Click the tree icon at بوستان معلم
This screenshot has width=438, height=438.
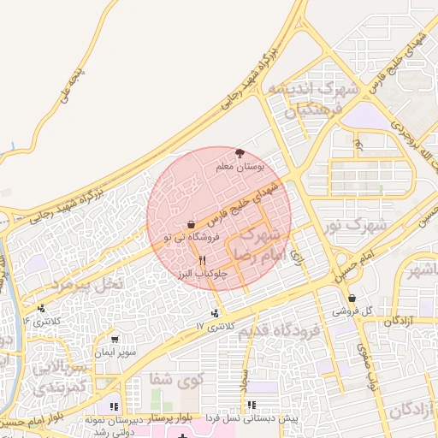tap(250, 152)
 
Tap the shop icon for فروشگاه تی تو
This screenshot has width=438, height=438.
tap(189, 225)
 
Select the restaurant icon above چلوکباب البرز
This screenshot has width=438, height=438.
tap(202, 259)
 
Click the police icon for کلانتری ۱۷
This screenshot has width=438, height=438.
tap(215, 312)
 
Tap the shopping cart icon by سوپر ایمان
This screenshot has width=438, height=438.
tap(115, 340)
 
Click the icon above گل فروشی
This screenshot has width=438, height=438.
tap(352, 299)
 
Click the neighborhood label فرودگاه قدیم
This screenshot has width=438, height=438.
tap(280, 330)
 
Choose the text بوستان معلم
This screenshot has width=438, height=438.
tap(265, 165)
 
